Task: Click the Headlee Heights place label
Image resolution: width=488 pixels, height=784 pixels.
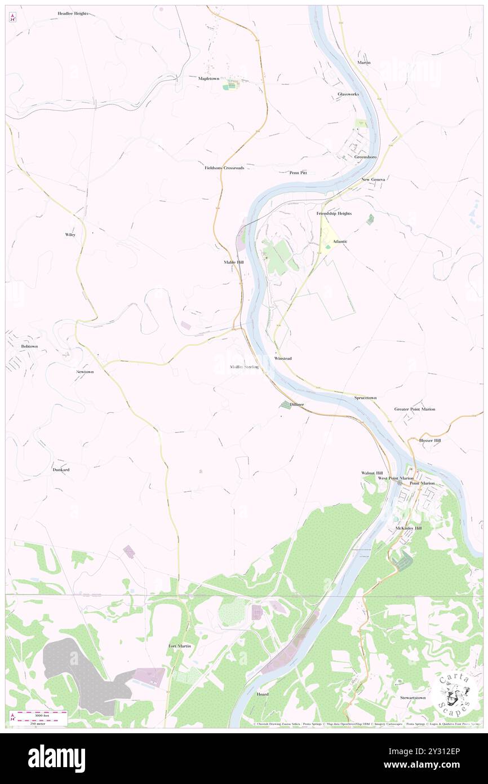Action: click(x=73, y=13)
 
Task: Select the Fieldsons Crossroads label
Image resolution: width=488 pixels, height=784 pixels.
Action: click(x=224, y=168)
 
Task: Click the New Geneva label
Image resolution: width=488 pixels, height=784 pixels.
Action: click(x=373, y=179)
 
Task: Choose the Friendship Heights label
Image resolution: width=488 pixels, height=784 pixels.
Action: click(x=334, y=214)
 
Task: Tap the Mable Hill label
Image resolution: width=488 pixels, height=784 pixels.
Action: click(x=233, y=263)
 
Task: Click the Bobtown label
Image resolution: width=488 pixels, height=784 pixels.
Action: click(x=29, y=346)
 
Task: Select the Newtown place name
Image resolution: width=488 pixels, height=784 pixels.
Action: click(x=85, y=372)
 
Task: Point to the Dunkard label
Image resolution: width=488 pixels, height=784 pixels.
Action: click(x=61, y=469)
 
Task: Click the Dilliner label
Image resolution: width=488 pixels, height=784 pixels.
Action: click(x=297, y=405)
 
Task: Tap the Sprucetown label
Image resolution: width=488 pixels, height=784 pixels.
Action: click(x=365, y=398)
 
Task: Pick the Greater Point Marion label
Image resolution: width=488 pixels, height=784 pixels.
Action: click(x=414, y=409)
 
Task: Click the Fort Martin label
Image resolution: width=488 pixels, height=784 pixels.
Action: click(x=179, y=646)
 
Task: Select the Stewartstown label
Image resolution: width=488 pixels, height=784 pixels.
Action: click(x=412, y=698)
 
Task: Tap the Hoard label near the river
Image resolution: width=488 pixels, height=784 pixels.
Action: click(x=263, y=694)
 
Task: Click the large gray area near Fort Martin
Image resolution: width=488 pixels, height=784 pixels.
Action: click(x=79, y=671)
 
